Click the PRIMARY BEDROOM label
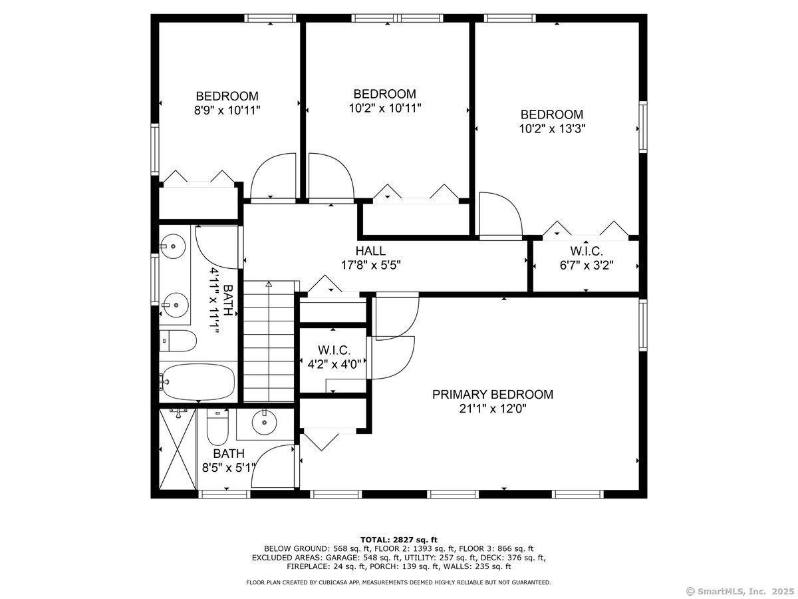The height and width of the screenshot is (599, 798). point(492,394)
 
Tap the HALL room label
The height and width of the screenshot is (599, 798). point(370,251)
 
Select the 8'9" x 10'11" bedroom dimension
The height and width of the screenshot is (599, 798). point(227,110)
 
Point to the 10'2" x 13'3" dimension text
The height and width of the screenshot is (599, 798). point(552,128)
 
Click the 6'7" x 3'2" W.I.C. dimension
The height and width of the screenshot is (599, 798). point(587,265)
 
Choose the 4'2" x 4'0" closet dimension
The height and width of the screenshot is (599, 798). point(334,363)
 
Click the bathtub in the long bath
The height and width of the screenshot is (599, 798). point(198,382)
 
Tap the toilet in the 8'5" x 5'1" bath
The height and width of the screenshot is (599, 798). point(217,427)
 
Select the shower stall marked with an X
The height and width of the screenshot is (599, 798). point(178,449)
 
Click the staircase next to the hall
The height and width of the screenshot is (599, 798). point(269,341)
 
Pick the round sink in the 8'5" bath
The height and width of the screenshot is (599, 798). point(264,422)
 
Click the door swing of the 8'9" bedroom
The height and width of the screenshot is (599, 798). point(273,176)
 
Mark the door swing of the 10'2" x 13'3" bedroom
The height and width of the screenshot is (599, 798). point(501,214)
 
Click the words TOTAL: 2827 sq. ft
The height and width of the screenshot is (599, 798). point(399,540)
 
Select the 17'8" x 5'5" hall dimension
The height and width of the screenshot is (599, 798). point(370,265)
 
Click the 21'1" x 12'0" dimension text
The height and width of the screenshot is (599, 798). point(493,409)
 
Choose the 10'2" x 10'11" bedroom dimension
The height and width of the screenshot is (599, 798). point(385,108)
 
